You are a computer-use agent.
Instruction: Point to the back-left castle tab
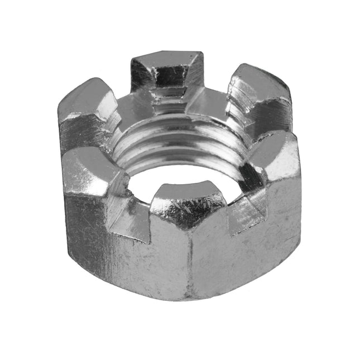(x=89, y=103)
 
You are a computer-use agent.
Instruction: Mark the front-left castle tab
(x=92, y=170)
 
